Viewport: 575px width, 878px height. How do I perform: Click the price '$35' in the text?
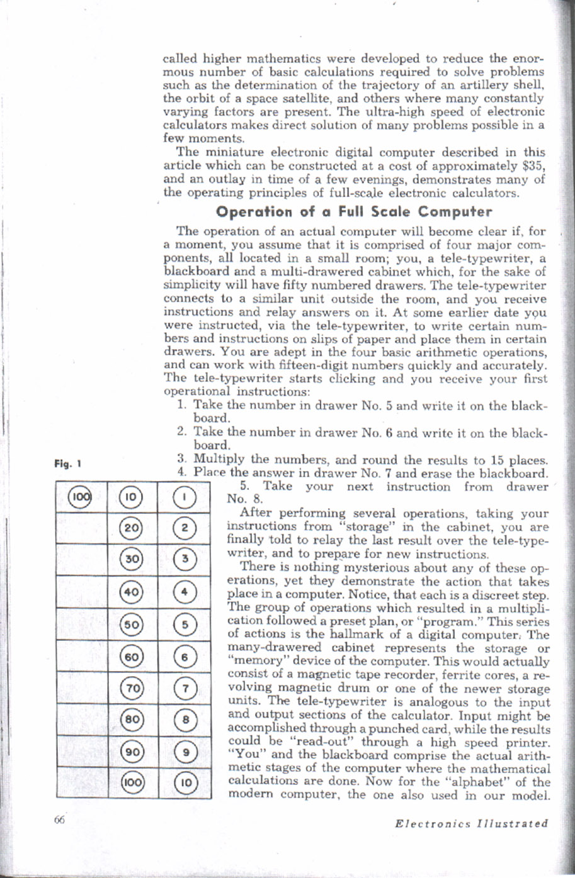[x=533, y=165]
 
